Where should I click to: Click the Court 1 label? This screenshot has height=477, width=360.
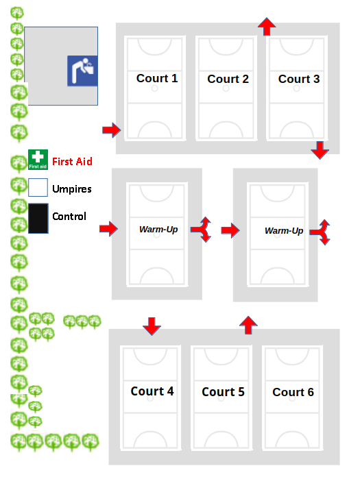pos(157,78)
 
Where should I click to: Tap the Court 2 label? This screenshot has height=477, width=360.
pos(228,79)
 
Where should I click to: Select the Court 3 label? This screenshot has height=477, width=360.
pos(299,79)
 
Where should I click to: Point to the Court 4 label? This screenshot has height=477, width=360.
pos(152,391)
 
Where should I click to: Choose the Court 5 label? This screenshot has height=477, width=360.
pos(223,392)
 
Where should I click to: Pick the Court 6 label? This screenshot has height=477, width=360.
pos(293,392)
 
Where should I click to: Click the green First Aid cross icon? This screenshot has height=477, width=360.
pos(38,160)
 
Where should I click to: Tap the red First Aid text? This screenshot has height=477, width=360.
pos(72,161)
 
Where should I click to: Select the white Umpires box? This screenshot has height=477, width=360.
pos(38,187)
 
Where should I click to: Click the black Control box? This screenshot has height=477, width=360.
pos(38,219)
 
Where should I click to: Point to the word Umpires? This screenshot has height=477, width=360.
pos(72,189)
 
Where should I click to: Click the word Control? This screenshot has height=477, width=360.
pos(69,217)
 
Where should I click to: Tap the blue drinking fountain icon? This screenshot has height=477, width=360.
pos(82,71)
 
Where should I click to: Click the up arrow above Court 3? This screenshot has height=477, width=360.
pos(267,27)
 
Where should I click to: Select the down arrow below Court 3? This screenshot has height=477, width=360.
pos(320,150)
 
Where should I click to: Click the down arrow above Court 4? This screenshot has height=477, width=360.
pos(152,326)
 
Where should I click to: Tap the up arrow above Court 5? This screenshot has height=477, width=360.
pos(249,326)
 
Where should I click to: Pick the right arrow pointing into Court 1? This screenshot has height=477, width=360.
pos(111,130)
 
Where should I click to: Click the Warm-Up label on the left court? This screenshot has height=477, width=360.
pos(158,229)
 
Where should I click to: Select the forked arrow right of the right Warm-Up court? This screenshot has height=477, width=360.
pos(320,232)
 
